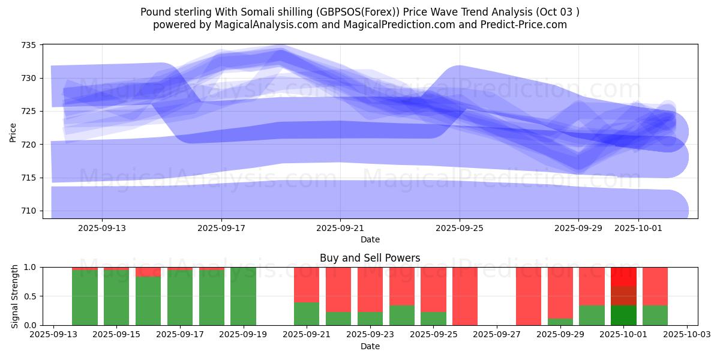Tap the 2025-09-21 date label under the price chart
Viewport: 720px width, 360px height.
(x=340, y=228)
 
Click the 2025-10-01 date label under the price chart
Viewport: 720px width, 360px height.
(x=638, y=228)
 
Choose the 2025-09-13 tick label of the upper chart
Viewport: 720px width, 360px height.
(x=102, y=228)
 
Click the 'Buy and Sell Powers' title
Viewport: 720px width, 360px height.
(x=370, y=258)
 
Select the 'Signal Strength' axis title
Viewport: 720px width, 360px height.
(x=14, y=296)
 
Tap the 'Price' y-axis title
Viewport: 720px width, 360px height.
(x=13, y=131)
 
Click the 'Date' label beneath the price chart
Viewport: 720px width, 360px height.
(x=370, y=239)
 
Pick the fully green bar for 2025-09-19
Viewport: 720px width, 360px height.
(x=243, y=296)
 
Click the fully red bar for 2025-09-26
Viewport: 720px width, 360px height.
(x=465, y=296)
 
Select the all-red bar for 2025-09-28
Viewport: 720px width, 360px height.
(x=529, y=296)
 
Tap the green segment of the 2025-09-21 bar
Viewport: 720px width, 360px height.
(x=307, y=314)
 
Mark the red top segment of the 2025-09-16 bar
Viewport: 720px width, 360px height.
(x=148, y=272)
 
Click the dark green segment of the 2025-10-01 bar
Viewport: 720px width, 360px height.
(x=623, y=315)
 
